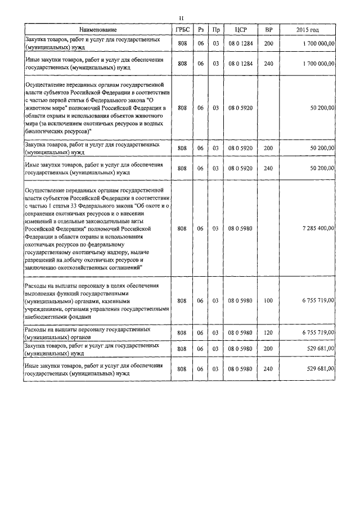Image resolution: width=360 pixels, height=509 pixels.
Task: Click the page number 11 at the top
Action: click(181, 18)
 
